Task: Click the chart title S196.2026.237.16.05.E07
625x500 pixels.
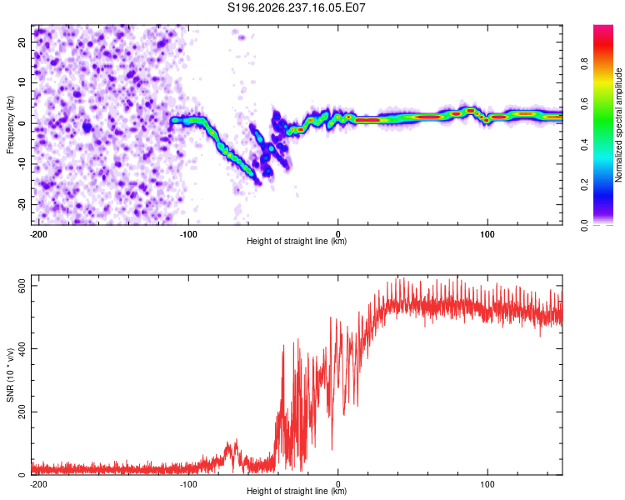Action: pyautogui.click(x=296, y=7)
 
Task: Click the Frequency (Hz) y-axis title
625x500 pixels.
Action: pyautogui.click(x=10, y=125)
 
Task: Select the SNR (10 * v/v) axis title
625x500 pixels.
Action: pyautogui.click(x=10, y=375)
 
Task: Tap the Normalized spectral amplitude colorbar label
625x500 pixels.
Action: pyautogui.click(x=618, y=125)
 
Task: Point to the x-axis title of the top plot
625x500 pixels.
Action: pyautogui.click(x=297, y=241)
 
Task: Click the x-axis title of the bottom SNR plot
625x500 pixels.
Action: pyautogui.click(x=297, y=491)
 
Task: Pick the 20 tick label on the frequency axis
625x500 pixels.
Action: pyautogui.click(x=22, y=42)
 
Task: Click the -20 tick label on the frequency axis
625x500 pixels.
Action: pyautogui.click(x=22, y=204)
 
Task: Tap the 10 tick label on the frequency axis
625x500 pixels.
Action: pyautogui.click(x=22, y=82)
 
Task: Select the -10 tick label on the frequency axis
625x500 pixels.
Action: pyautogui.click(x=22, y=164)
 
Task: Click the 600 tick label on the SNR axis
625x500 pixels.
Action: pyautogui.click(x=22, y=286)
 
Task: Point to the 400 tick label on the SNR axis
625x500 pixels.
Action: pyautogui.click(x=22, y=349)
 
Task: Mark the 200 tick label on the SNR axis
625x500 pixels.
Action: pyautogui.click(x=22, y=412)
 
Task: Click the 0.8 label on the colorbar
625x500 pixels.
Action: pyautogui.click(x=584, y=64)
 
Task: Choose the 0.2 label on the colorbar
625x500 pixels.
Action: pyautogui.click(x=584, y=185)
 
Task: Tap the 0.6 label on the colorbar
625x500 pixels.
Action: pyautogui.click(x=584, y=104)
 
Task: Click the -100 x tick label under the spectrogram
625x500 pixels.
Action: pyautogui.click(x=188, y=234)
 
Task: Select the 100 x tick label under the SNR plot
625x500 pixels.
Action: pyautogui.click(x=487, y=484)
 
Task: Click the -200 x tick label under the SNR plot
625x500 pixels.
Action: pyautogui.click(x=38, y=484)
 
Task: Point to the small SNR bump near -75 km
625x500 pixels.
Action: pyautogui.click(x=231, y=452)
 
